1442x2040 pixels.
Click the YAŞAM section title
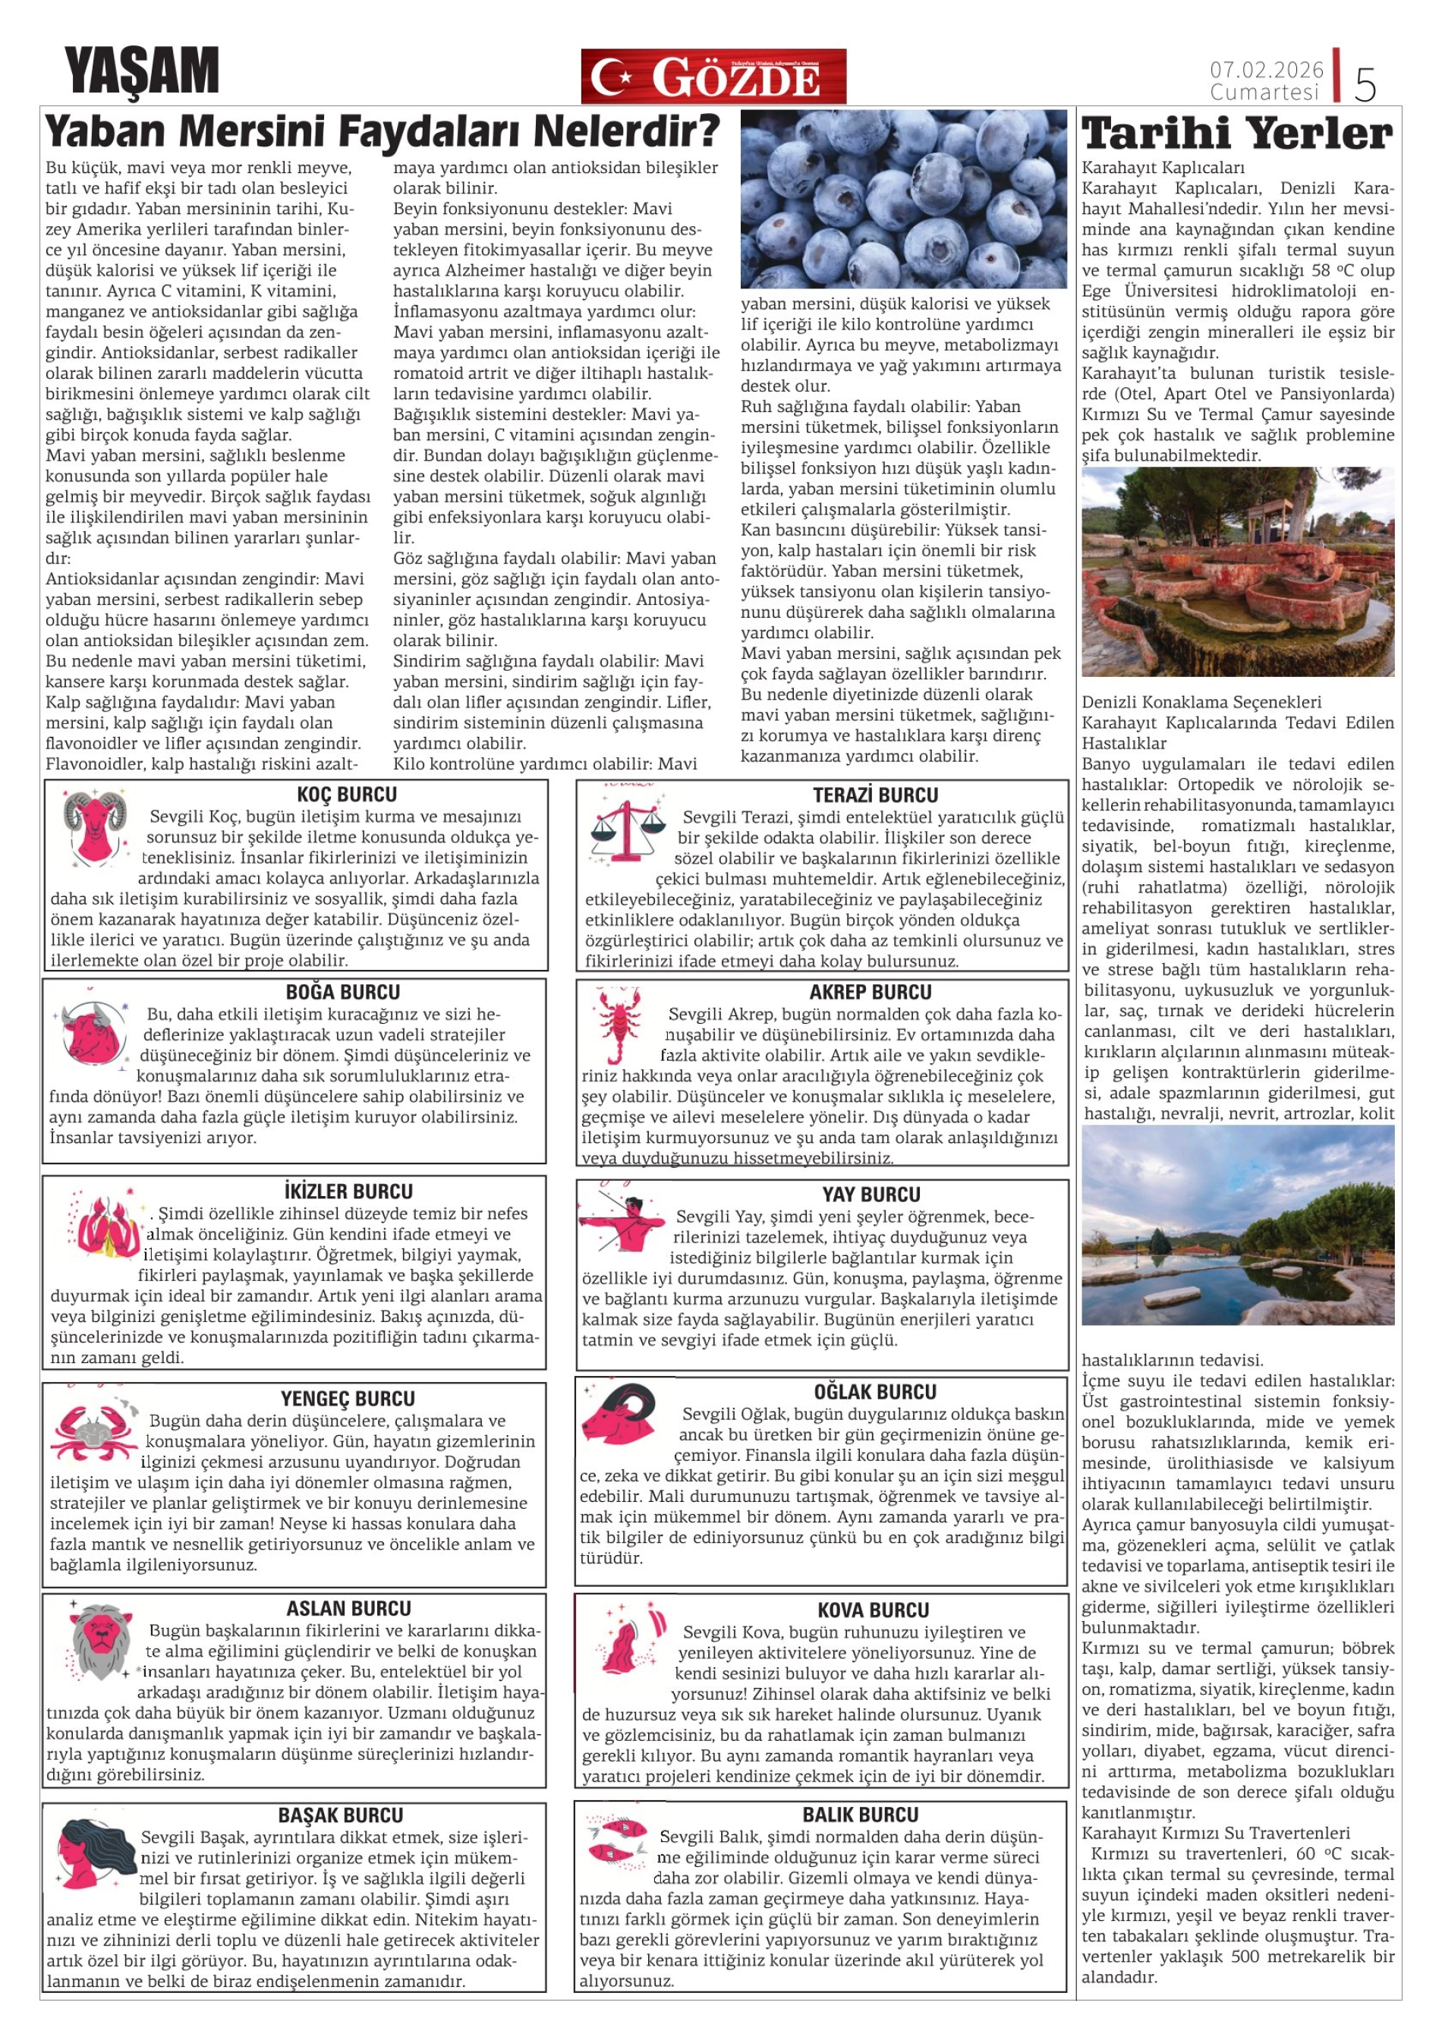coord(141,71)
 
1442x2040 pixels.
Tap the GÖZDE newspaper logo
coord(713,77)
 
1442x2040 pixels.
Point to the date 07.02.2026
coord(1265,69)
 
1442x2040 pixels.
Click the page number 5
coord(1365,83)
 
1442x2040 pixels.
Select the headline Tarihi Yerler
coord(1237,134)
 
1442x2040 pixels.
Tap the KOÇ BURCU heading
coord(347,795)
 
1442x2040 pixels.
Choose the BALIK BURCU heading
coord(860,1815)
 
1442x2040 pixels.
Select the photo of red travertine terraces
coord(1237,572)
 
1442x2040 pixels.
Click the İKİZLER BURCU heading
coord(348,1192)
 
